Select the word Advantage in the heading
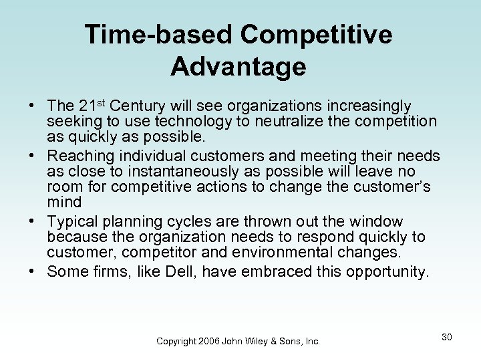point(238,67)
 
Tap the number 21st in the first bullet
point(92,106)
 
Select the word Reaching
point(79,156)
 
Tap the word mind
point(64,201)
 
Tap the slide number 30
point(446,337)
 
